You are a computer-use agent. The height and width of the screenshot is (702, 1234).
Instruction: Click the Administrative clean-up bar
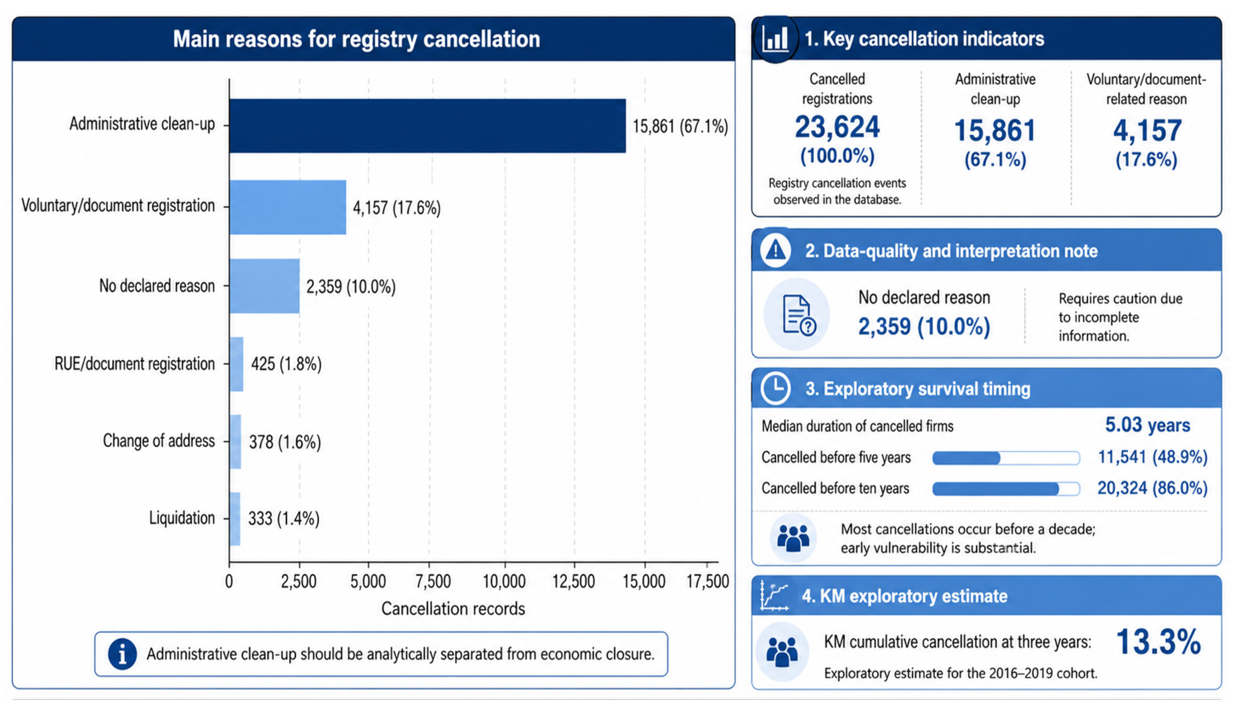click(x=427, y=126)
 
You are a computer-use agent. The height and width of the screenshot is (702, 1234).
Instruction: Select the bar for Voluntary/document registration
click(x=288, y=207)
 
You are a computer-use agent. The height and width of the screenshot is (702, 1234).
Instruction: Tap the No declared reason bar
click(x=265, y=286)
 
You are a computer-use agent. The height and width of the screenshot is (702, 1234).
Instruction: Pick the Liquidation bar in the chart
click(x=235, y=519)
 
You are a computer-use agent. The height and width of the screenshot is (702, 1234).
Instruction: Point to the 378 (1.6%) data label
click(x=285, y=442)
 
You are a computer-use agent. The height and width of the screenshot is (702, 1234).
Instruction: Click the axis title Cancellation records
click(x=453, y=609)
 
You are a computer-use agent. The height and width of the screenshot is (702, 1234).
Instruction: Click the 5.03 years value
click(x=1148, y=425)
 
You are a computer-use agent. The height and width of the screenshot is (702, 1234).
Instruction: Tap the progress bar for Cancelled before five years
click(x=1006, y=458)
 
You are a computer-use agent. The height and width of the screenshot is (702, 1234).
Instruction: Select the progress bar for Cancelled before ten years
click(x=1006, y=489)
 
